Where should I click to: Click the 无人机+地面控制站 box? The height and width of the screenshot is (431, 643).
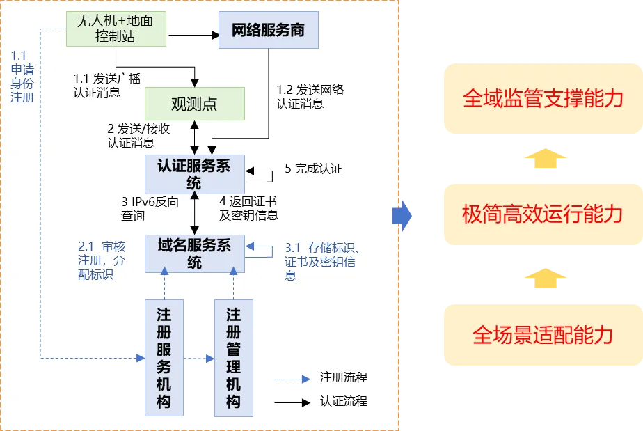117,29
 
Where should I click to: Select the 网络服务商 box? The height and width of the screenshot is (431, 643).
269,31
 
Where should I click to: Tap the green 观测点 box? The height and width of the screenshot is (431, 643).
194,104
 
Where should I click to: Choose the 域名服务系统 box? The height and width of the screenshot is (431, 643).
194,253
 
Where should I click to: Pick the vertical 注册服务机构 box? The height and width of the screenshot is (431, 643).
164,358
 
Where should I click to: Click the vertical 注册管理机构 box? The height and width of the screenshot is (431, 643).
234,358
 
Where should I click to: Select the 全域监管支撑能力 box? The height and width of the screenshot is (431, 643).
543,98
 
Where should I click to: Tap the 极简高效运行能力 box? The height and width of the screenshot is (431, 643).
543,214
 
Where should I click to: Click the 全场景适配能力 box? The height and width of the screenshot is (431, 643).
543,335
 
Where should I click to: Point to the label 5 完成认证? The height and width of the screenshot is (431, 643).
313,169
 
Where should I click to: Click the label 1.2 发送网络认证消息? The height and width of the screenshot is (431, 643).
310,97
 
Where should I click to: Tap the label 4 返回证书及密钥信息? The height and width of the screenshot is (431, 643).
248,209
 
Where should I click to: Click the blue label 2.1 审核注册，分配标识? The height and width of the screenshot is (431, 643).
102,260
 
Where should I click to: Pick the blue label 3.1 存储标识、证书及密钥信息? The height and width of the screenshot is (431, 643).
321,261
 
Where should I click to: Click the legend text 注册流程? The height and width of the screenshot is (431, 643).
343,377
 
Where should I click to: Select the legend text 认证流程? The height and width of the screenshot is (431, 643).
343,401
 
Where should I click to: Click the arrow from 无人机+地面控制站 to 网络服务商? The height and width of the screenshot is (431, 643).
193,33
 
